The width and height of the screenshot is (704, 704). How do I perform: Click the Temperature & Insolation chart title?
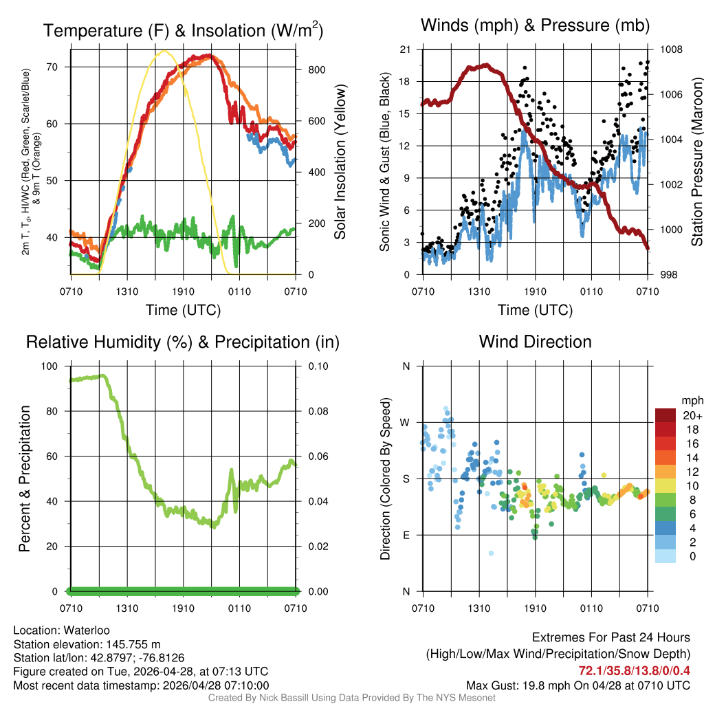tap(183, 30)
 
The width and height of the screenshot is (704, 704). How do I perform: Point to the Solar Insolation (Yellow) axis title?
tap(340, 162)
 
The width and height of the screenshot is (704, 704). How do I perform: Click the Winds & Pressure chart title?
tap(535, 26)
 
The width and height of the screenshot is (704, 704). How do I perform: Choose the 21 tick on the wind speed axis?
tap(404, 49)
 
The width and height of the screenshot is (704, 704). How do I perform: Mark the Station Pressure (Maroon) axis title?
tap(696, 162)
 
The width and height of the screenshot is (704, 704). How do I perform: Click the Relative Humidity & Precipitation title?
tap(183, 342)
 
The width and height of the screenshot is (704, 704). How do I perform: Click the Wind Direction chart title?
tap(535, 342)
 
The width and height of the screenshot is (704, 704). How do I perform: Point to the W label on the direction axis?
tap(405, 423)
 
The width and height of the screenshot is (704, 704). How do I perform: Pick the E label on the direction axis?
tap(406, 535)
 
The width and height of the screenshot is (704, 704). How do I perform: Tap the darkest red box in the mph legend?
tap(665, 415)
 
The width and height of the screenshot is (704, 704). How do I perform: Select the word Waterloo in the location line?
tap(87, 630)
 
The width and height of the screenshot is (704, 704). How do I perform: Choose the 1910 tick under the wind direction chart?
tap(535, 608)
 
